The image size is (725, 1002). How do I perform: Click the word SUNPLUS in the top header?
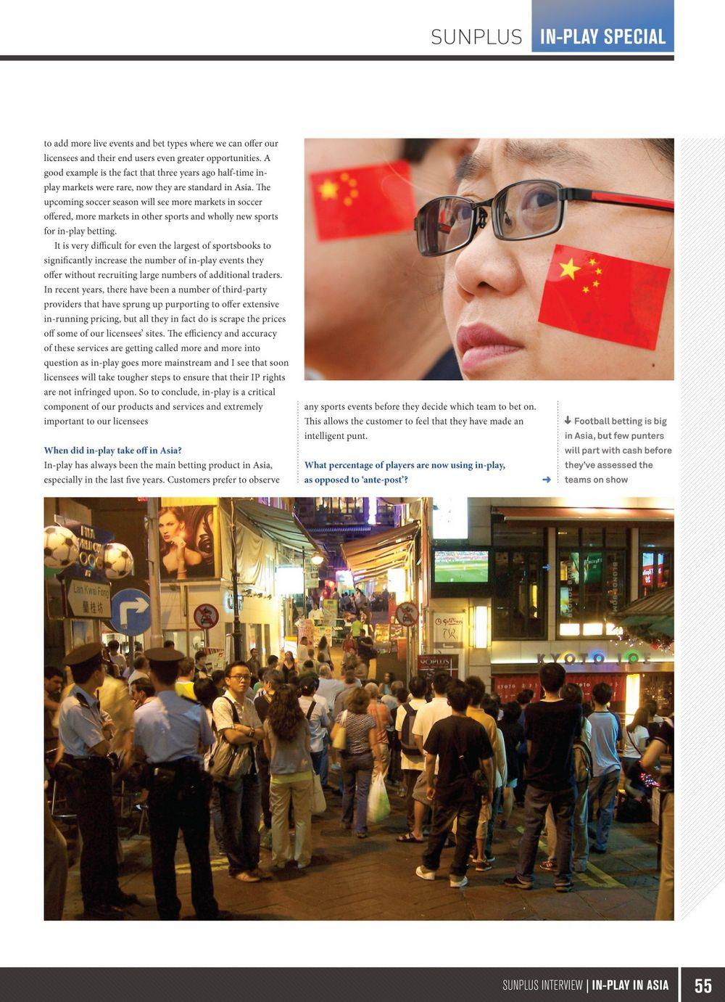(x=476, y=36)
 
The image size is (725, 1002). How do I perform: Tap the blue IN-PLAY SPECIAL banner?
(x=602, y=36)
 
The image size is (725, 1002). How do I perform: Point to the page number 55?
(x=703, y=985)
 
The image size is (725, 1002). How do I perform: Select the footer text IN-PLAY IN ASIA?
(x=630, y=985)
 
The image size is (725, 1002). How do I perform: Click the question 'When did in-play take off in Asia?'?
(x=112, y=451)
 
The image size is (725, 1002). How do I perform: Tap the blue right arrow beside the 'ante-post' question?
(x=546, y=480)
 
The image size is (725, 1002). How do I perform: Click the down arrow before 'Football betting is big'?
(x=568, y=421)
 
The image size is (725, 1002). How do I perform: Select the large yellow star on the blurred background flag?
(x=328, y=189)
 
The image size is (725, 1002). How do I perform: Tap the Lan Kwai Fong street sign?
(x=89, y=599)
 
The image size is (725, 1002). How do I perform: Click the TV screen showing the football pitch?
(x=460, y=566)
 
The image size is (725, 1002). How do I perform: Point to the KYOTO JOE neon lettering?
(x=592, y=659)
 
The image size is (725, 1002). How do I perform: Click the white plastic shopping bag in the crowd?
(x=378, y=799)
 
